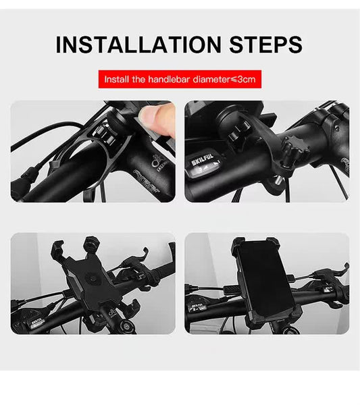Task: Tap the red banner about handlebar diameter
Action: [180, 79]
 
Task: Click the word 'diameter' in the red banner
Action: [211, 79]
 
